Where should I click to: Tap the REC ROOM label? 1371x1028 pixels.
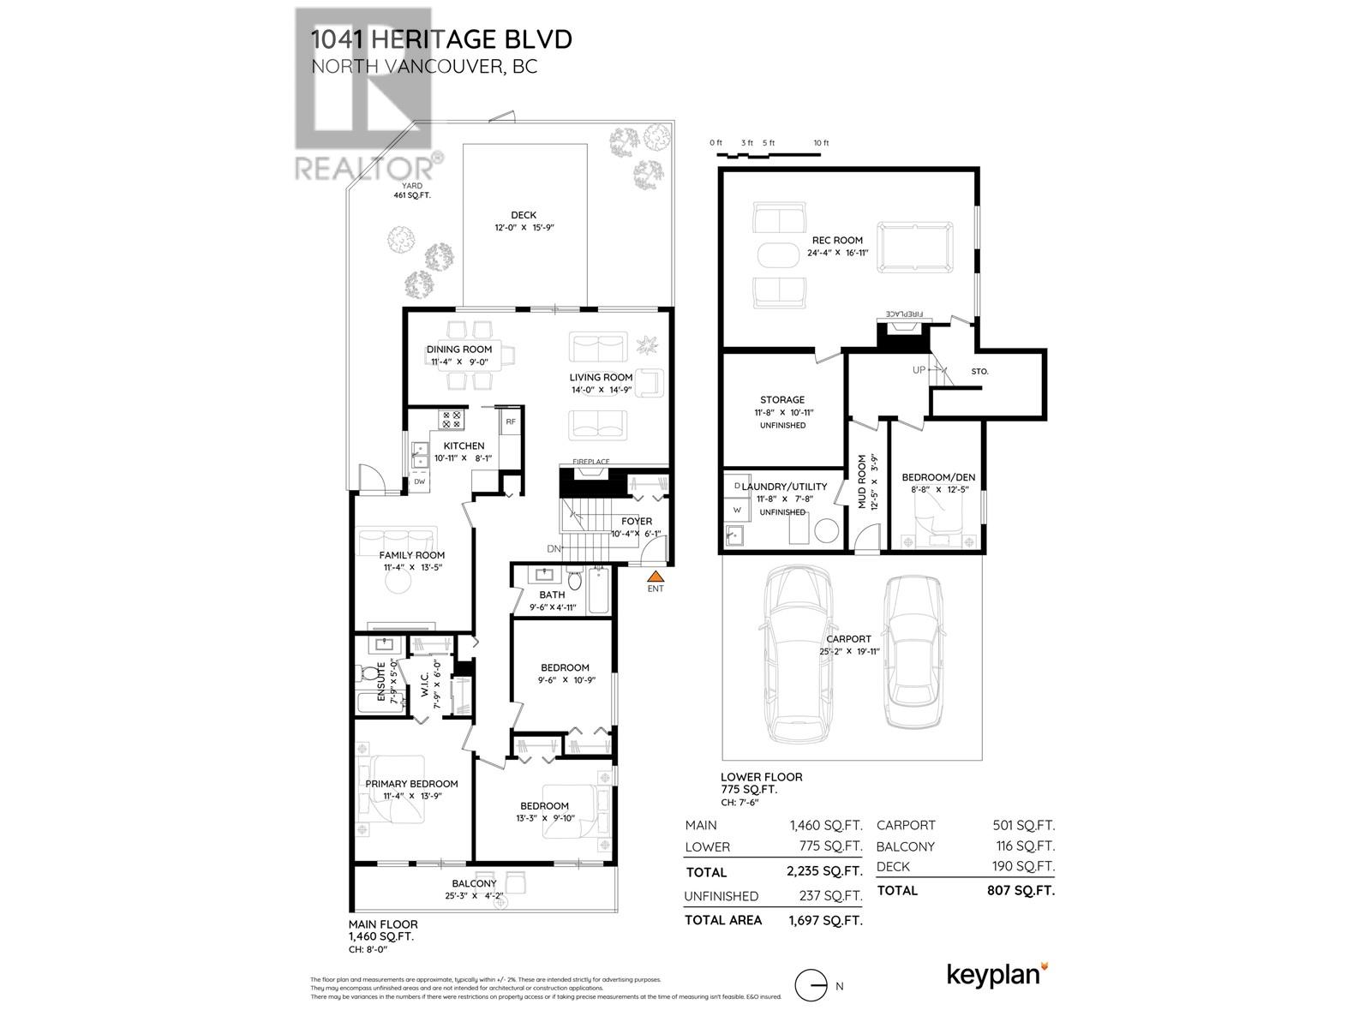[x=837, y=241]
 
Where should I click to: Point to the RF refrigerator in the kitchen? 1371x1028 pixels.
[x=510, y=421]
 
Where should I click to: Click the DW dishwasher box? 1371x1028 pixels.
[x=420, y=481]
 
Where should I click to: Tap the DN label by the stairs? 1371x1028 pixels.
[x=554, y=549]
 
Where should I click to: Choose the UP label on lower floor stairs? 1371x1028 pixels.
[x=919, y=370]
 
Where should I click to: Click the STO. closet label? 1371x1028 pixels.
[x=980, y=372]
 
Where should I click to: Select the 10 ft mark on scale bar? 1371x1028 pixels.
[x=821, y=143]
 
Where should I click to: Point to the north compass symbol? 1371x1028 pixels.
[x=810, y=986]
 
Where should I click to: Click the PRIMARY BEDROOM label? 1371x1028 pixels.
[x=411, y=784]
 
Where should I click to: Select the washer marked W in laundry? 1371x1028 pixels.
[x=736, y=511]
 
